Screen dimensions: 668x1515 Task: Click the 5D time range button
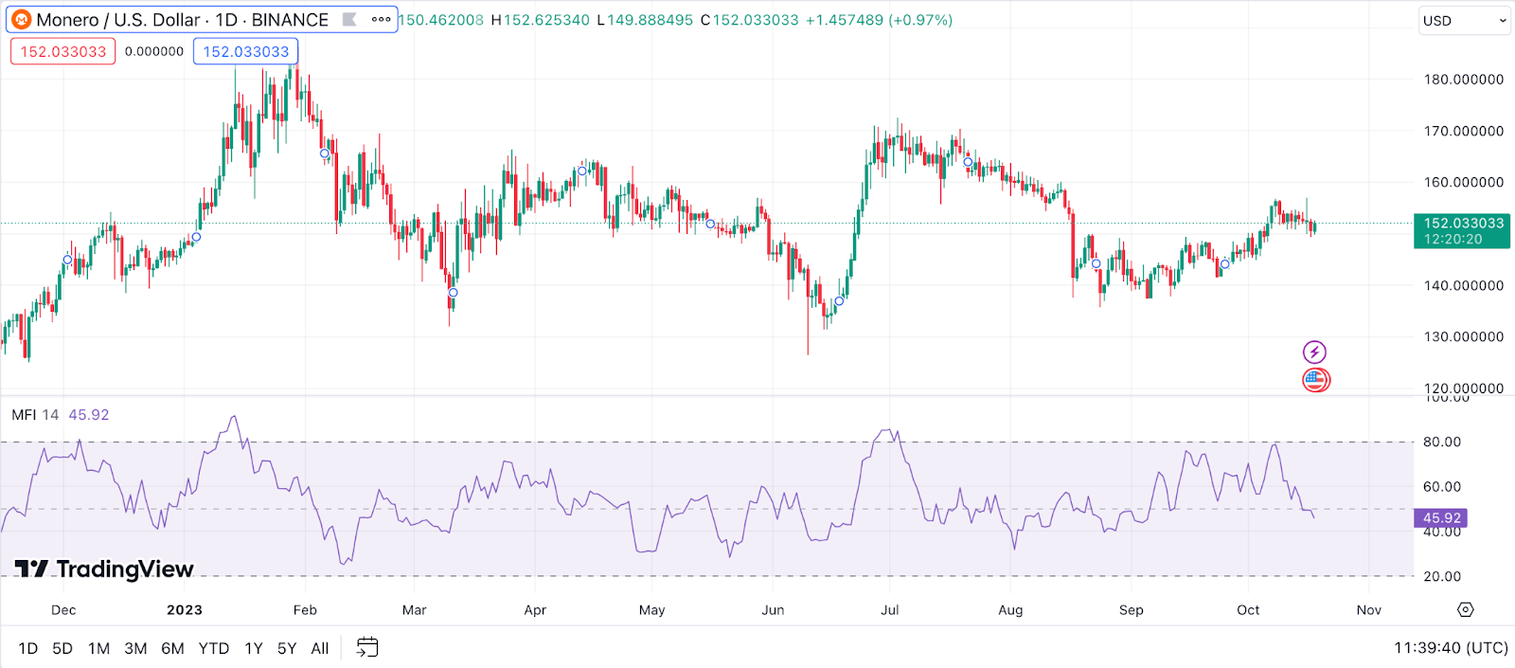click(62, 648)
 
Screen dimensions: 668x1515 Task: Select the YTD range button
click(214, 648)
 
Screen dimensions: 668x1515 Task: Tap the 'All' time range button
click(320, 648)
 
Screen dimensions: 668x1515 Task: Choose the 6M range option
click(172, 648)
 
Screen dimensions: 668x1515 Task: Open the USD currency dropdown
click(1464, 21)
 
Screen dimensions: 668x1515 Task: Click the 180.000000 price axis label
click(1464, 80)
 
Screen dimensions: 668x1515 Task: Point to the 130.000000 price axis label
click(1464, 336)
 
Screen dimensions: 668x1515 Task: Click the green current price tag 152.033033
click(1462, 230)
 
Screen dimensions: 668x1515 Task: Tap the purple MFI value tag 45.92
click(1441, 518)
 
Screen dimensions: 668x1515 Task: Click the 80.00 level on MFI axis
click(1441, 442)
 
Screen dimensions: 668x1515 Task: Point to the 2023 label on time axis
click(185, 610)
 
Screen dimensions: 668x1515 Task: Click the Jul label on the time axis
click(890, 610)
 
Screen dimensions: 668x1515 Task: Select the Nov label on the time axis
click(1369, 610)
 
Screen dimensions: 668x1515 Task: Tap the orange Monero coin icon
click(21, 20)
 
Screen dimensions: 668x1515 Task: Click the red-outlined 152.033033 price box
click(63, 51)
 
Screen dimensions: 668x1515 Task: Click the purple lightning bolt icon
click(1314, 352)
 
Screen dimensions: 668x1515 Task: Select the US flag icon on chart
click(1315, 380)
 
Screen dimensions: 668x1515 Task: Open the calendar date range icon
click(367, 648)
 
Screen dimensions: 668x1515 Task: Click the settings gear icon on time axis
click(1466, 609)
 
